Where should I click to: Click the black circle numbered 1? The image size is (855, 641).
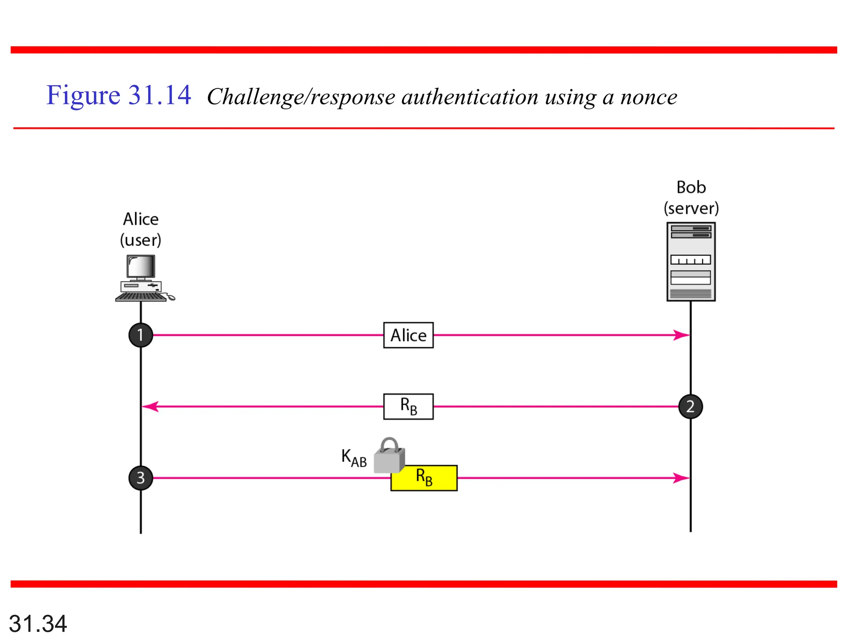point(141,335)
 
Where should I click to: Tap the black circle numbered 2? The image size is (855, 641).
point(691,406)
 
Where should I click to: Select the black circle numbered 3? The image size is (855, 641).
point(141,478)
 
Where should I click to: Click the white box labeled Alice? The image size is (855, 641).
point(408,335)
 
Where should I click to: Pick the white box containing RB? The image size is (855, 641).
point(408,406)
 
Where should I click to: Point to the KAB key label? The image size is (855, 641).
point(354,458)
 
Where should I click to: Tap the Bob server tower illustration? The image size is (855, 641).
point(691,262)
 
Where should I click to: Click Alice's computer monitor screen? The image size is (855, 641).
point(141,266)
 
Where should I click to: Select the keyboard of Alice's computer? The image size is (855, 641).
point(140,297)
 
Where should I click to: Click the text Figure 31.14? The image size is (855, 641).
point(119,96)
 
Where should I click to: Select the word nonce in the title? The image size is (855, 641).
point(648,97)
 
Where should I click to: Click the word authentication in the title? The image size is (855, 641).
point(470,97)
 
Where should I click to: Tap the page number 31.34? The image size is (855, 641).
point(38,623)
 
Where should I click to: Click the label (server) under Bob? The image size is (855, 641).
point(691,208)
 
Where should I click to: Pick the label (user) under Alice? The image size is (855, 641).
point(141,240)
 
